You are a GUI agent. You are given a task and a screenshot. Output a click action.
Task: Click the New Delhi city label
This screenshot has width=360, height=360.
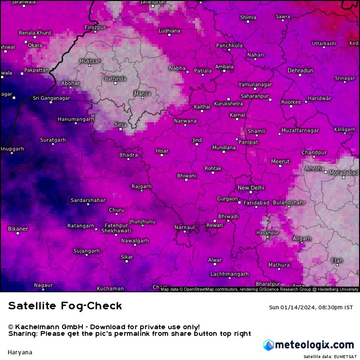coord(251,188)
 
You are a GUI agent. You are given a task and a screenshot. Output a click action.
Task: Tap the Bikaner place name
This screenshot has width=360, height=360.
coord(18,229)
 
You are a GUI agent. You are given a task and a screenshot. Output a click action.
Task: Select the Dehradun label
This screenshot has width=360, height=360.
coord(300,71)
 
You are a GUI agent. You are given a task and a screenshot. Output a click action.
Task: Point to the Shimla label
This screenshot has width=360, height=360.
coord(248,18)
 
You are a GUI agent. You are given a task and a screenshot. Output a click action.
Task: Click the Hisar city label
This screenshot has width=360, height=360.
coord(162,151)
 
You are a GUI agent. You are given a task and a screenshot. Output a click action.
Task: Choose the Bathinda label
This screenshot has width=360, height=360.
coord(115,79)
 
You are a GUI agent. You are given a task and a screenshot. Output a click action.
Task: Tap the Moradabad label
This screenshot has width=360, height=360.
coord(344,173)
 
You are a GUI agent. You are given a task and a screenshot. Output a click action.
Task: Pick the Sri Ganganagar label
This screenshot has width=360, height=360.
coord(51,98)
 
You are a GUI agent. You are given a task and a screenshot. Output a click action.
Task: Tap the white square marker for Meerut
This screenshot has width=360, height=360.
coord(280,167)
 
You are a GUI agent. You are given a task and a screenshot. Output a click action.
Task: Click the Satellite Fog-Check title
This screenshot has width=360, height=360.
coord(65,306)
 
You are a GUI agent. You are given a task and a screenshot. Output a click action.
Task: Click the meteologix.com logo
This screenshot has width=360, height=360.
coord(308,345)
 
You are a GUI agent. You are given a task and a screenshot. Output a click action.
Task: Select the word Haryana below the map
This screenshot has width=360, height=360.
coord(20,352)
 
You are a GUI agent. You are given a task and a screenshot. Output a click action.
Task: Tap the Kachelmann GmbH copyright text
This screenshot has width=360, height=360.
coord(104,327)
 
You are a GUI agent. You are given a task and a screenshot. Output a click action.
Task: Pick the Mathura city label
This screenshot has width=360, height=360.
coord(279,265)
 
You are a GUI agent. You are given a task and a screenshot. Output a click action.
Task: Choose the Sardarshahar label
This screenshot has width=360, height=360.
coord(88,200)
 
